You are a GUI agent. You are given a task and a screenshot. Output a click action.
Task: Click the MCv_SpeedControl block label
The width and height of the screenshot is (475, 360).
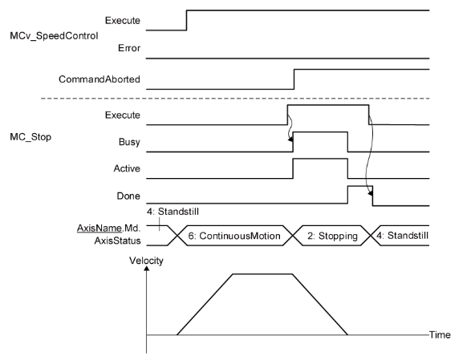54,36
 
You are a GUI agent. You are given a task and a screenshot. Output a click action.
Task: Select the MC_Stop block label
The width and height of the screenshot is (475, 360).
30,137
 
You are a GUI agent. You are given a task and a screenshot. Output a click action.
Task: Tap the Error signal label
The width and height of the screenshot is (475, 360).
129,48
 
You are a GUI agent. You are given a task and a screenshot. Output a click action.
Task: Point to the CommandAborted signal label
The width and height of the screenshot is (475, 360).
99,79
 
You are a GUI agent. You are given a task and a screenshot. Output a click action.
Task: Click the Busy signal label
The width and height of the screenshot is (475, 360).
129,142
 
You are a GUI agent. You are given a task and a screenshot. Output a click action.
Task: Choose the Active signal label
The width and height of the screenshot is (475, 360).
127,168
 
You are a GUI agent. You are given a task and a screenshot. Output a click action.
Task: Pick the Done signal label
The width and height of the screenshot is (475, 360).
128,196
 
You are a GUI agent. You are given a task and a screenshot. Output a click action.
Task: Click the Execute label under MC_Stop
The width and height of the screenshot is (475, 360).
123,115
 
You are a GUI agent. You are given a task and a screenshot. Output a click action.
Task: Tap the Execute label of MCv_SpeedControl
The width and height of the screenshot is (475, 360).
123,20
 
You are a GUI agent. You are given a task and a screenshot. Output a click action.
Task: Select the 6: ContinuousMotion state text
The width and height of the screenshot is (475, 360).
234,236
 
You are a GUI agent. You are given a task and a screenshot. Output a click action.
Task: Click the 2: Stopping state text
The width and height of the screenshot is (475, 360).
332,236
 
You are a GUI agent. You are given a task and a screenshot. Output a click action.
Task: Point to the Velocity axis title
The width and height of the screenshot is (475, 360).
146,261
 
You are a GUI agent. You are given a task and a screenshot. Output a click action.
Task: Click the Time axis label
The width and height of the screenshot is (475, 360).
440,334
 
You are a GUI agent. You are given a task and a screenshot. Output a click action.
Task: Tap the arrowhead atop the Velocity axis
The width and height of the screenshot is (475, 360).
147,268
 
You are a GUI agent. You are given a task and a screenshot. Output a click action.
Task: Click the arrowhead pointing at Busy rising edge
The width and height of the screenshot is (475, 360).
290,139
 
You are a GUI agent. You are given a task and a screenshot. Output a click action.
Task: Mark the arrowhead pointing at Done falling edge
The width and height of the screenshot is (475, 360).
370,192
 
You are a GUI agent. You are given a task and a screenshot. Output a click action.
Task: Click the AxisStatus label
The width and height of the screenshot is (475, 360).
117,241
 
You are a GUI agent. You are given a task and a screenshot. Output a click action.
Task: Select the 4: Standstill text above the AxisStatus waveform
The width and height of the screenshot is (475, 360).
173,212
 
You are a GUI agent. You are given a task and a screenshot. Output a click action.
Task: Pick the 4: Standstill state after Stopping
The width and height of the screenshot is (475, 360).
402,235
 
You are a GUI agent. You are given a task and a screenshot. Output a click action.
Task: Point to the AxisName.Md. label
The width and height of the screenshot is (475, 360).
109,228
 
